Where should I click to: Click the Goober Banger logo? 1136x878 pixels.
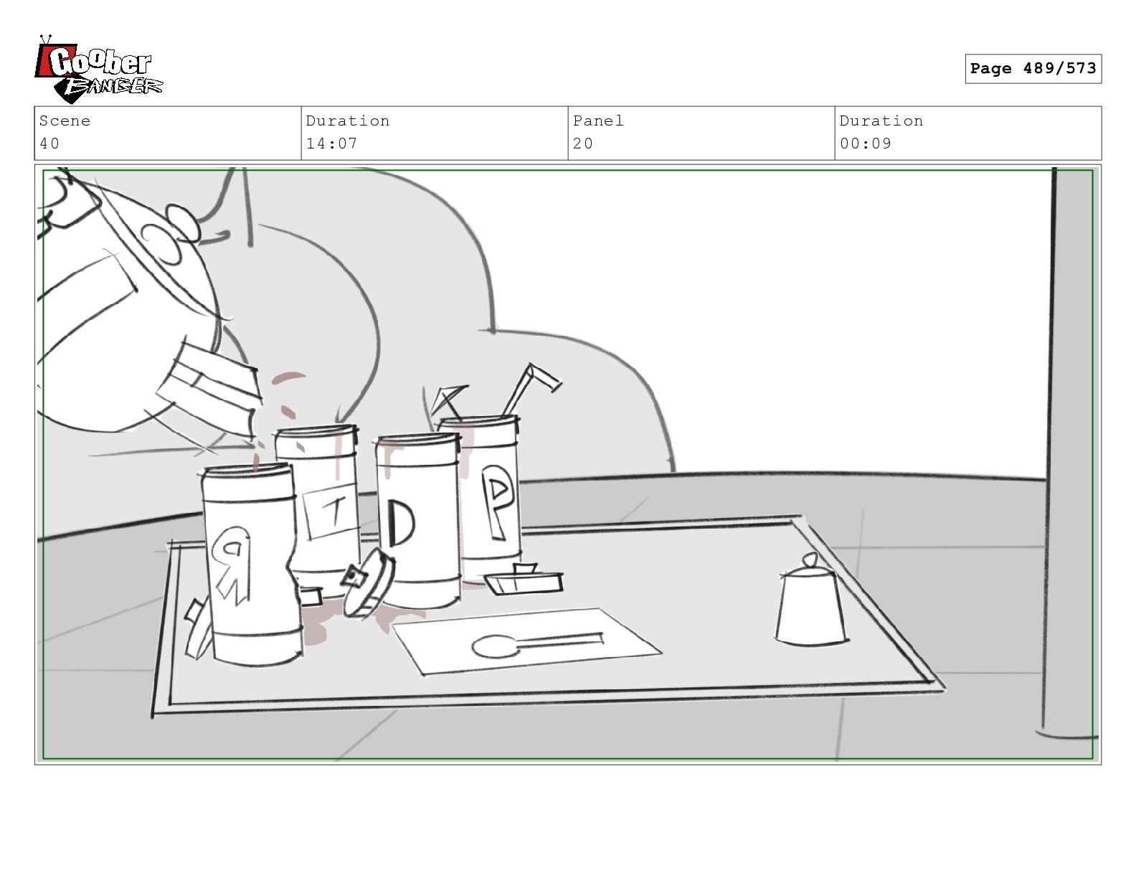98,69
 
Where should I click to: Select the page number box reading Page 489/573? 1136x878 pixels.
1033,68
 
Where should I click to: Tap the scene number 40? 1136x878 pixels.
49,143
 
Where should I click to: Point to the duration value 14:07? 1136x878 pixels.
331,143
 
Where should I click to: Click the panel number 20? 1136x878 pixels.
582,143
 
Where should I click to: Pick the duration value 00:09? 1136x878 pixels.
865,143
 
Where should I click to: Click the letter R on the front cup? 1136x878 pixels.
231,565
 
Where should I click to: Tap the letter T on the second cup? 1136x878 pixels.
336,511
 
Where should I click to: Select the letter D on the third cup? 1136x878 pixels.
401,523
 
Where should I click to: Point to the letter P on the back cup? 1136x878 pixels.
496,501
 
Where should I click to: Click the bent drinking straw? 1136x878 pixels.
527,388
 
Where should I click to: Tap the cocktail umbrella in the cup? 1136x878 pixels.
448,400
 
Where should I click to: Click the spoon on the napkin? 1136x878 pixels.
536,643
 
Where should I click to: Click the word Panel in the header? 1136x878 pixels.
598,121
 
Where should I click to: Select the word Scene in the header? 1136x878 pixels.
65,121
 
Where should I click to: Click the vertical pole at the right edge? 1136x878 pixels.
1049,450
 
